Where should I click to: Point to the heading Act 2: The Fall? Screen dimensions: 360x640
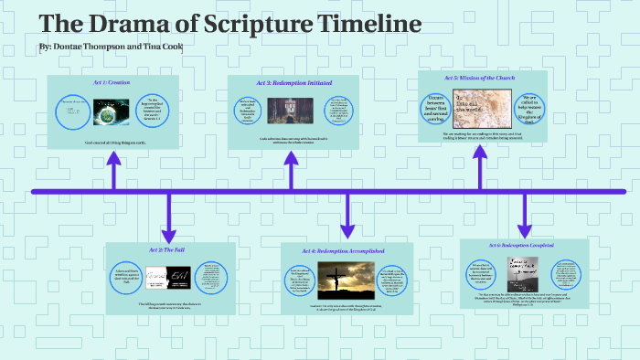tap(169, 249)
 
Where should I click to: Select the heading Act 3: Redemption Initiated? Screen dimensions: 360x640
tap(293, 83)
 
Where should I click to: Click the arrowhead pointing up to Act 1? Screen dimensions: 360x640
tap(114, 161)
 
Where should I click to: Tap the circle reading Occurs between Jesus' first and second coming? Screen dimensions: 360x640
tap(437, 109)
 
